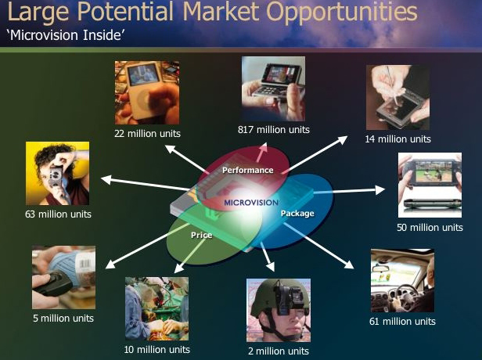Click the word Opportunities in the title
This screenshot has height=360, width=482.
[x=341, y=13]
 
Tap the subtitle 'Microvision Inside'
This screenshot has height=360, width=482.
[x=66, y=35]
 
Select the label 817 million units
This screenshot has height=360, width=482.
[x=274, y=129]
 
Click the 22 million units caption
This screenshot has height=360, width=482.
[x=147, y=133]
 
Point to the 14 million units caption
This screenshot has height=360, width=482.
[x=397, y=139]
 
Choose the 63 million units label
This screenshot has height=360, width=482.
[x=58, y=214]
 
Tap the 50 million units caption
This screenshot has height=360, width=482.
[x=430, y=228]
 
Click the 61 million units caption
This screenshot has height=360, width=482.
[x=402, y=322]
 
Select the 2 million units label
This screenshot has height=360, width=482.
[x=279, y=351]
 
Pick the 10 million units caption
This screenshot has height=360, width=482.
[x=156, y=349]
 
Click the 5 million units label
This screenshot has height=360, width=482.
[x=63, y=318]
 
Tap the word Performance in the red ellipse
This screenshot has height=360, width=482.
[x=248, y=170]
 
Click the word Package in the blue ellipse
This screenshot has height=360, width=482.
[x=297, y=214]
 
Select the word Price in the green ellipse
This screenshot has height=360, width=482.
[x=202, y=236]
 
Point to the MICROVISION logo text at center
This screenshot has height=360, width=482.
[x=251, y=203]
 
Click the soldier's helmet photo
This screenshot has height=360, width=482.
[x=279, y=310]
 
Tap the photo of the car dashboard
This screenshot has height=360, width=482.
[x=402, y=281]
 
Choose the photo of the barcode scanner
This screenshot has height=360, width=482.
[x=63, y=277]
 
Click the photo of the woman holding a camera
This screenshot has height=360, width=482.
[x=57, y=174]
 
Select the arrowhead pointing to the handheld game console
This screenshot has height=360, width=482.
[x=380, y=190]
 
